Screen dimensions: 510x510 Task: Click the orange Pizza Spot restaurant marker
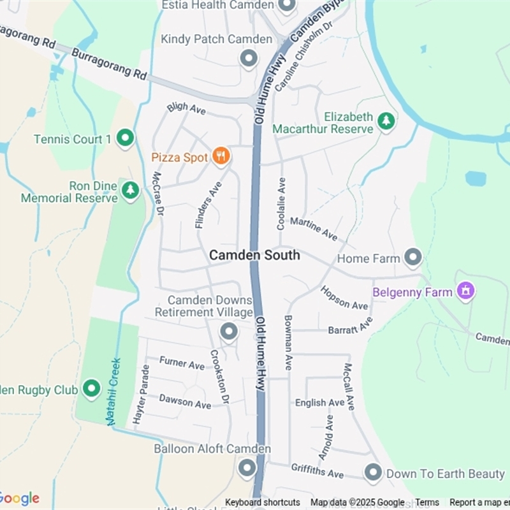(x=221, y=156)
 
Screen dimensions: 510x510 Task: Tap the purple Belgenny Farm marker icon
(x=466, y=291)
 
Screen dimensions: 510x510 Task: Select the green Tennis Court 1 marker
(x=126, y=138)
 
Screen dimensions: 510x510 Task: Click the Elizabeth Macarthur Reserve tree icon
(x=386, y=120)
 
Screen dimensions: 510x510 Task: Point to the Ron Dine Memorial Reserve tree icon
(x=130, y=189)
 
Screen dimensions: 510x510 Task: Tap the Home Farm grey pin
(x=414, y=258)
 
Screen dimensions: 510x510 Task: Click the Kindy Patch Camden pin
(x=248, y=59)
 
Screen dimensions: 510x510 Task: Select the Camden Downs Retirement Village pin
(x=228, y=331)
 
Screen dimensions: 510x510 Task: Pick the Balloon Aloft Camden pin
(x=247, y=469)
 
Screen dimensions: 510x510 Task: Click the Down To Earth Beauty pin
(x=373, y=473)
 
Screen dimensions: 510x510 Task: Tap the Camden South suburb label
(x=254, y=255)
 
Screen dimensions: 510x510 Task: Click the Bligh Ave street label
(x=186, y=108)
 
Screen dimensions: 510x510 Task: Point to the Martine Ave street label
(x=314, y=229)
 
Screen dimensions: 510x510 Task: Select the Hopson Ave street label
(x=344, y=298)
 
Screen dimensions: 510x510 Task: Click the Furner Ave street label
(x=182, y=363)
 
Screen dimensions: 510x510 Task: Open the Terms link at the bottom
(x=427, y=502)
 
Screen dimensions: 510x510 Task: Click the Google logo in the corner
(x=19, y=498)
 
